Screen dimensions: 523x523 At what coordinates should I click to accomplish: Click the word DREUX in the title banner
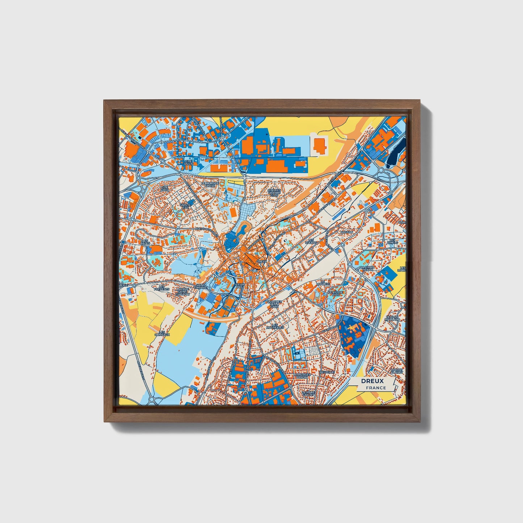pyautogui.click(x=372, y=381)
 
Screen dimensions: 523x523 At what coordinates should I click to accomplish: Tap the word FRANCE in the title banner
pyautogui.click(x=376, y=388)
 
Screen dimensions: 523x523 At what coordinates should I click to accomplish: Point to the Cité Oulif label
pyautogui.click(x=188, y=163)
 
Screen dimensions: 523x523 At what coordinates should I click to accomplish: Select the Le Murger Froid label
pyautogui.click(x=210, y=185)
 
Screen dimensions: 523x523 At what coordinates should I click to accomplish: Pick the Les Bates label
pyautogui.click(x=145, y=241)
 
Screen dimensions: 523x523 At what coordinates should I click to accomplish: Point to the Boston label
pyautogui.click(x=346, y=232)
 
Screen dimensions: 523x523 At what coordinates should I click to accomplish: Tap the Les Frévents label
pyautogui.click(x=161, y=288)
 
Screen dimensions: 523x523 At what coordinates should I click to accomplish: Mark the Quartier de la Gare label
pyautogui.click(x=274, y=304)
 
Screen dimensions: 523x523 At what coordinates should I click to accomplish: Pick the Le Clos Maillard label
pyautogui.click(x=392, y=318)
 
